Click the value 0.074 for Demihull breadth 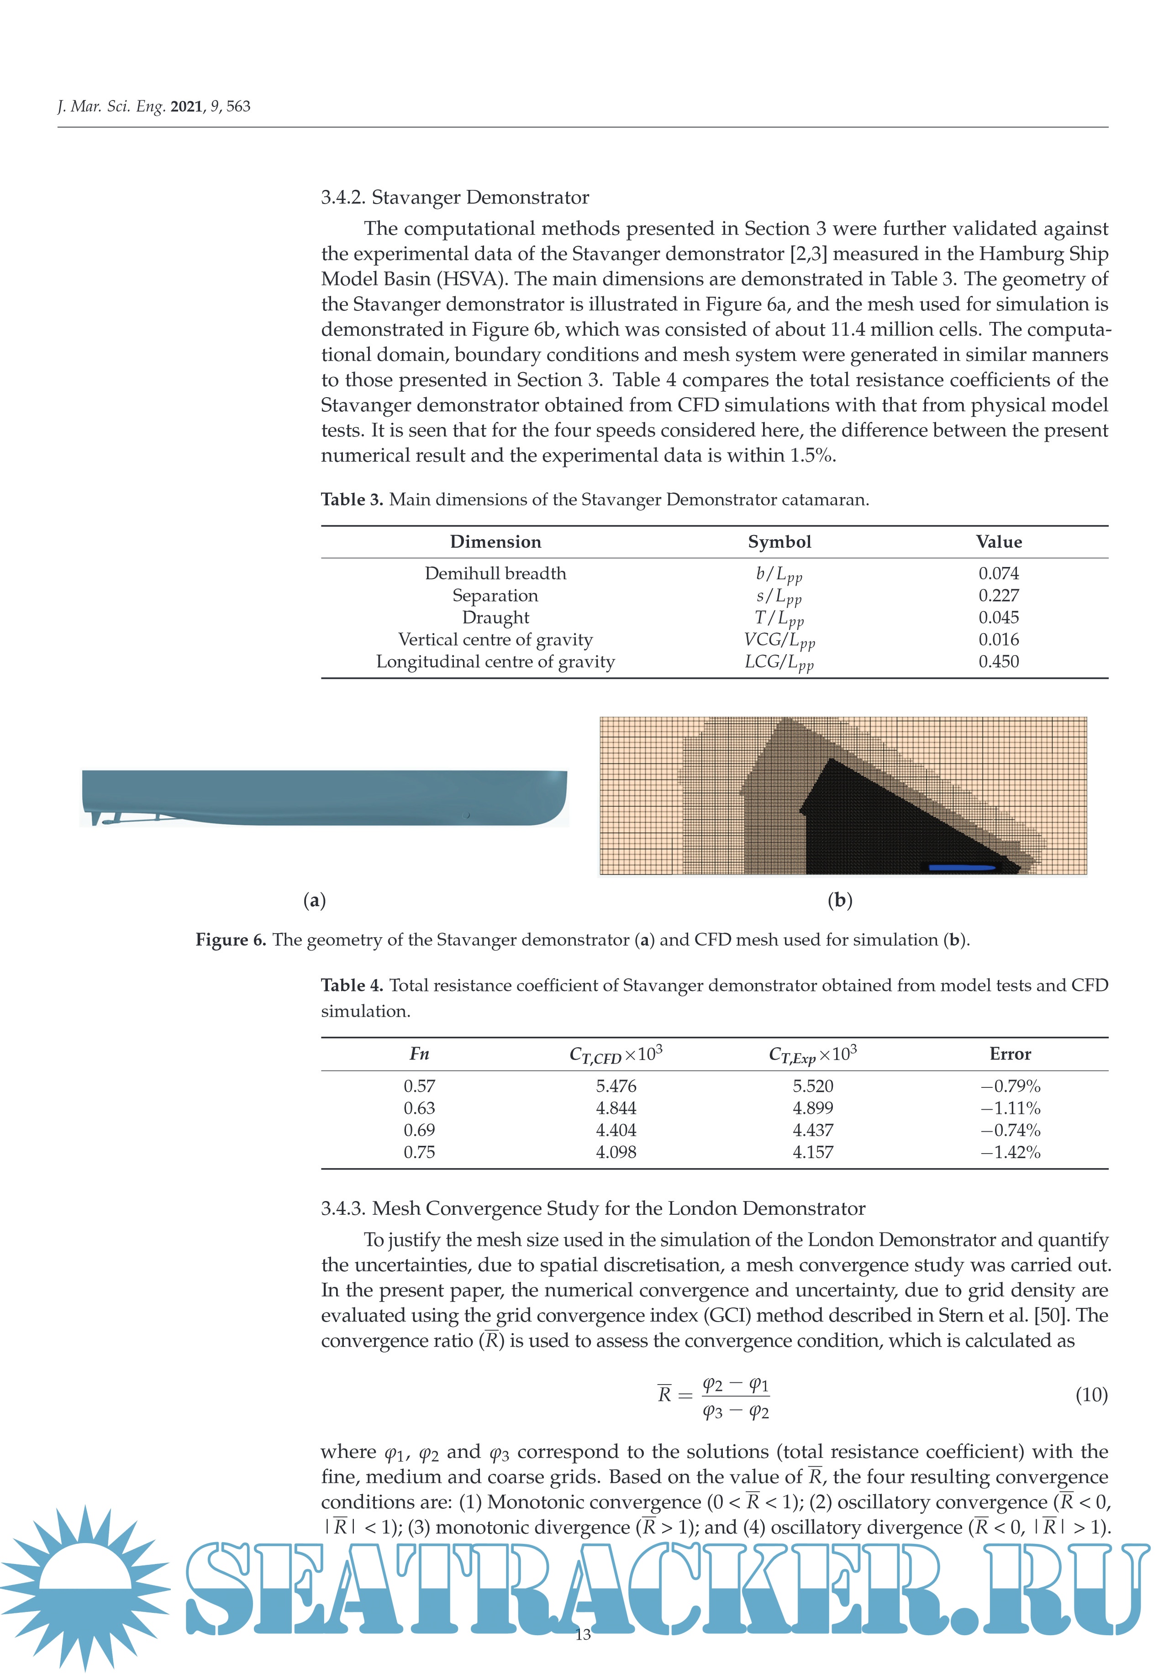pyautogui.click(x=998, y=573)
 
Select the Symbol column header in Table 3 pyautogui.click(x=779, y=542)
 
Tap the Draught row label pyautogui.click(x=495, y=618)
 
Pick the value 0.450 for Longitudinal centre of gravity pyautogui.click(x=998, y=661)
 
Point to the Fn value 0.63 pyautogui.click(x=419, y=1108)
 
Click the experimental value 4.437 pyautogui.click(x=812, y=1130)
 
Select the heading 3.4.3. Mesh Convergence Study pyautogui.click(x=592, y=1208)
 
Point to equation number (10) pyautogui.click(x=1091, y=1395)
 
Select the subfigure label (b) pyautogui.click(x=839, y=900)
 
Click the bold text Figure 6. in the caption pyautogui.click(x=231, y=940)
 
